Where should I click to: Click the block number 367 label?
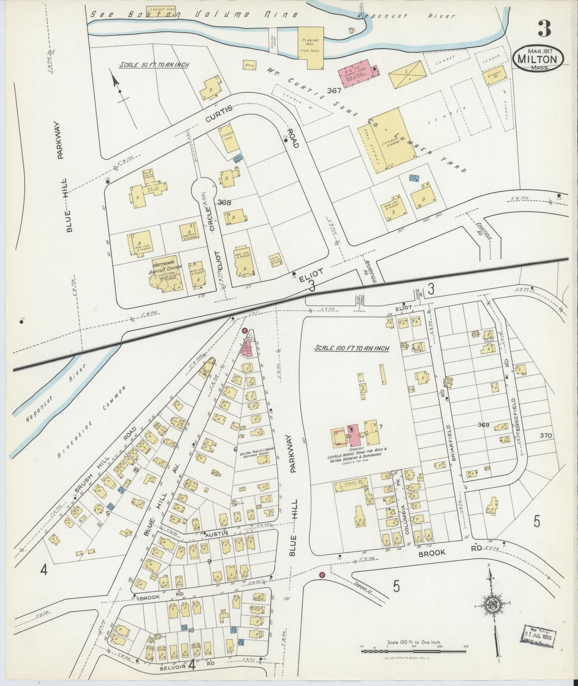(334, 91)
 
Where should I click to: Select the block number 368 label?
(224, 203)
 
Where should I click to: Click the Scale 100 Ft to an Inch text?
(351, 348)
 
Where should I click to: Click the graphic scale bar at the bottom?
(413, 652)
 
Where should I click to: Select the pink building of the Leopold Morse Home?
(353, 435)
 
